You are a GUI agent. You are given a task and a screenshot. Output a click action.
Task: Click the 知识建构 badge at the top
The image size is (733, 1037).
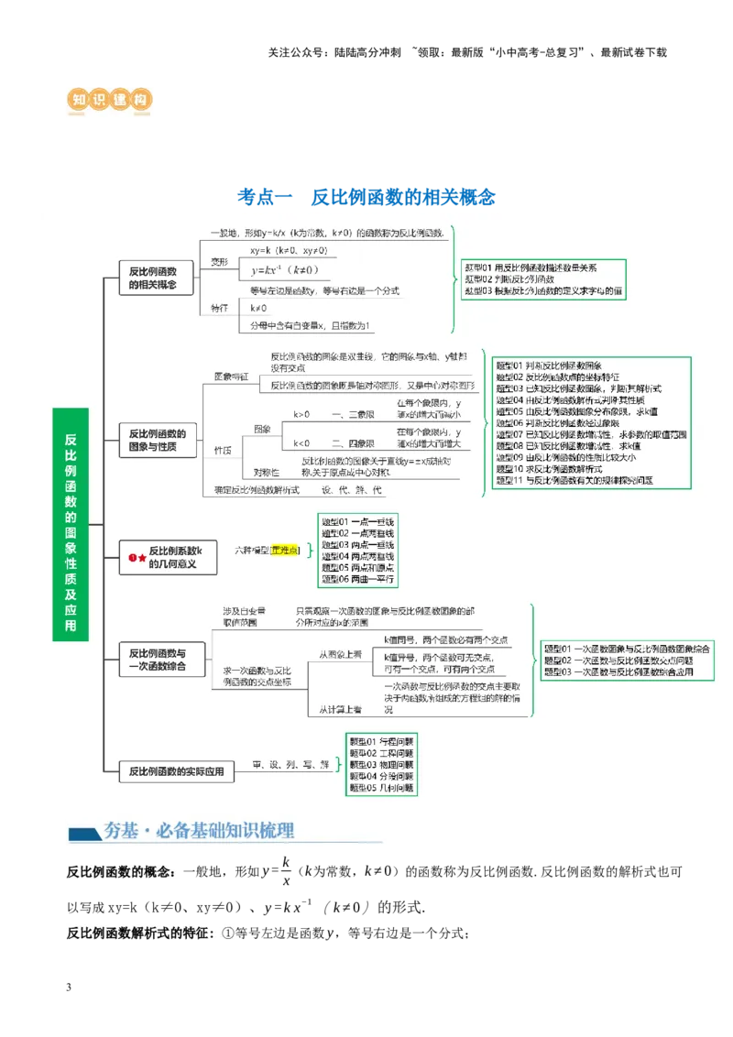pos(109,99)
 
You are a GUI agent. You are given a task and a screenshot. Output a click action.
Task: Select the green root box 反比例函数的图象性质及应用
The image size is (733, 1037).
pos(71,523)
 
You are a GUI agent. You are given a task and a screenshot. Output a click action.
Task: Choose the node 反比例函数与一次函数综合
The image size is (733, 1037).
pos(157,660)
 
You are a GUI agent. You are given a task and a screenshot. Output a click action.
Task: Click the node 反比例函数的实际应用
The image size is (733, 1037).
pos(176,772)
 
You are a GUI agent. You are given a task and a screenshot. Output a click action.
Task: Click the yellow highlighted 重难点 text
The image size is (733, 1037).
pos(285,550)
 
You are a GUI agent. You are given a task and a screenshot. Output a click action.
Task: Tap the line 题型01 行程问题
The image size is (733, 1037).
pos(381,741)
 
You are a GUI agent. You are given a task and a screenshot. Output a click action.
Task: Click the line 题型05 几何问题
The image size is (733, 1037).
pos(381,787)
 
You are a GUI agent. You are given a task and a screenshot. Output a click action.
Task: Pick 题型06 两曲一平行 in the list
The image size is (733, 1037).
pos(357,579)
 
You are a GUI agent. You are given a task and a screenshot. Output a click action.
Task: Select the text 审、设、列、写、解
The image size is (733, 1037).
pos(291,764)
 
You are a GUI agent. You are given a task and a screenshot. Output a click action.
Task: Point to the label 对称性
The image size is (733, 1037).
pos(267,472)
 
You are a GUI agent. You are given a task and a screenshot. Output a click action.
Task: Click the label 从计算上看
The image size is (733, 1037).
pos(340,709)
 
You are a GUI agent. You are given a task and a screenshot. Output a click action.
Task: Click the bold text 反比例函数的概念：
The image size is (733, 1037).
pos(123,872)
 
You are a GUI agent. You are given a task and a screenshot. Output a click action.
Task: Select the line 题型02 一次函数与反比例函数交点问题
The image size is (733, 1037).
pos(618,660)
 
